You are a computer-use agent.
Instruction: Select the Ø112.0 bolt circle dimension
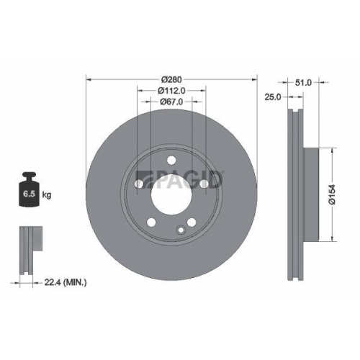171,91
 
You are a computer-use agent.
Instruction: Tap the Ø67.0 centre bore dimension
171,103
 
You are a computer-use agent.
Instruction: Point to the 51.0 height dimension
303,83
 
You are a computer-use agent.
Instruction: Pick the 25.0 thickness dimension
271,96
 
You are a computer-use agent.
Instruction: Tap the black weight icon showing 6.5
30,191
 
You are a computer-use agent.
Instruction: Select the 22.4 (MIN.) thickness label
63,283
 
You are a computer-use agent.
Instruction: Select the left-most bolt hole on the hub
140,184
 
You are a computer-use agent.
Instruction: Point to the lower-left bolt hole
152,222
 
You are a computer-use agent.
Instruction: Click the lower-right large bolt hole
191,222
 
